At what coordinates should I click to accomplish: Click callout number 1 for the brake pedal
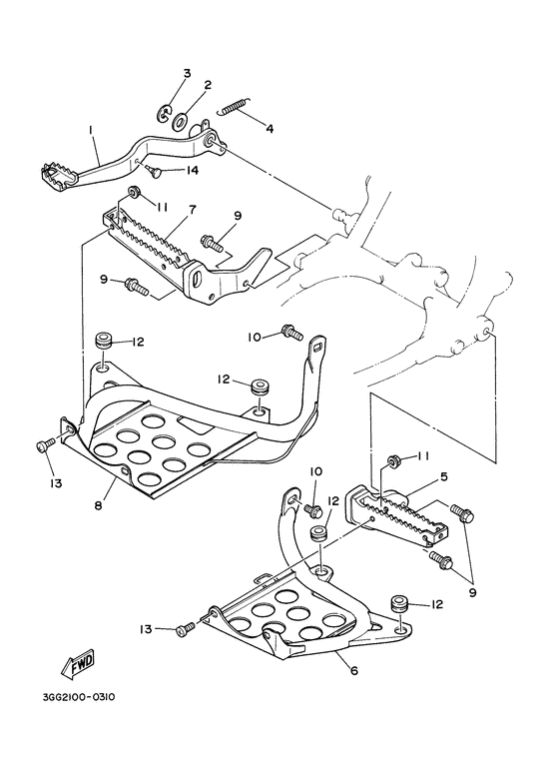tap(90, 130)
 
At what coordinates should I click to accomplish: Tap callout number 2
tap(208, 85)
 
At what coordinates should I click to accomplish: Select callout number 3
tap(186, 74)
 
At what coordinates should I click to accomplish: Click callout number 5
tap(443, 476)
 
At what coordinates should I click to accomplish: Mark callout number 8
tap(99, 506)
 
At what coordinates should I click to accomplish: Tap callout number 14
tap(192, 171)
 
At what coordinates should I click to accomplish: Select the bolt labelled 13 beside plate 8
tap(43, 445)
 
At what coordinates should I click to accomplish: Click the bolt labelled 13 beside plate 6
tap(185, 629)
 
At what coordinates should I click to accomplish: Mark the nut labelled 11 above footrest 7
tap(132, 192)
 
